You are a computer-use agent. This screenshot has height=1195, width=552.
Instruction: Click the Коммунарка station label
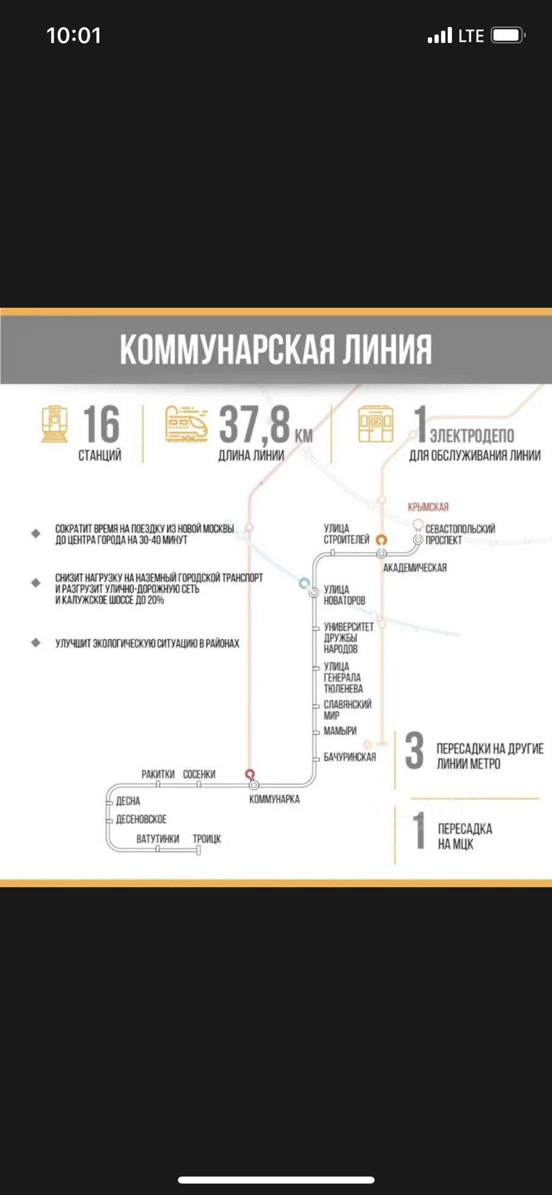pos(274,799)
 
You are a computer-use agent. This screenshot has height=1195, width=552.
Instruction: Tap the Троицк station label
pos(207,839)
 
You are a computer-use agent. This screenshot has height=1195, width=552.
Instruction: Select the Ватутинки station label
pos(158,839)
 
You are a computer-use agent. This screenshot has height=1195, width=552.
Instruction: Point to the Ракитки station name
pos(158,774)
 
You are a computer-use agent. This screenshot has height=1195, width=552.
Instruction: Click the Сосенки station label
pos(199,774)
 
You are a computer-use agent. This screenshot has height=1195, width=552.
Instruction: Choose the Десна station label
pos(128,801)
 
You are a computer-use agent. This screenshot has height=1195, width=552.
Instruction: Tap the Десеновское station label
pos(141,819)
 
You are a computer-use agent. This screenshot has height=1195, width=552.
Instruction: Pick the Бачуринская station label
pos(350,757)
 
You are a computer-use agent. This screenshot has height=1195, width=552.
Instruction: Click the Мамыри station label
pos(340,731)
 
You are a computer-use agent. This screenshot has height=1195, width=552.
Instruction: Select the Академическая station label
pos(415,568)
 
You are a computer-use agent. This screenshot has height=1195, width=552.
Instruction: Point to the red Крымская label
pos(428,507)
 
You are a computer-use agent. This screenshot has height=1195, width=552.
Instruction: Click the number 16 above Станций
pos(101,425)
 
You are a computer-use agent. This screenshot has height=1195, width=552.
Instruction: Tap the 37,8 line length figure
pos(255,425)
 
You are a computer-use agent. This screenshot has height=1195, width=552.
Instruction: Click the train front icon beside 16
pos(55,424)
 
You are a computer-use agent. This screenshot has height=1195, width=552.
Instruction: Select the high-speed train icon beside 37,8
pos(186,423)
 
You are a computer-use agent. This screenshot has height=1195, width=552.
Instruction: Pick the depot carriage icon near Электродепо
pos(375,423)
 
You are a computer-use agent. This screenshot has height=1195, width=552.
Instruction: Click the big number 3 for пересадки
pos(414,751)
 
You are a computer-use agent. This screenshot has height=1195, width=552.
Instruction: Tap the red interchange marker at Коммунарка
pos(250,774)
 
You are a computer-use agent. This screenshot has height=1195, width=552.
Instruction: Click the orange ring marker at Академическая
pos(381,540)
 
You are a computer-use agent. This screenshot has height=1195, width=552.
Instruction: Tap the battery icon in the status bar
pos(508,35)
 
